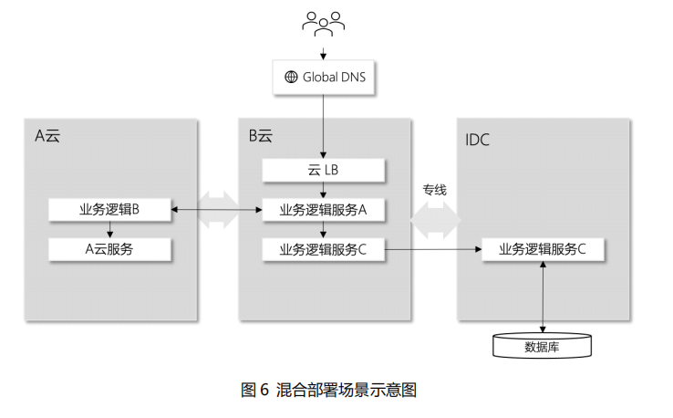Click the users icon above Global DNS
tap(324, 24)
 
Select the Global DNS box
tap(324, 78)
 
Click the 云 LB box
tap(324, 171)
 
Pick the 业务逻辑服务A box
tap(324, 210)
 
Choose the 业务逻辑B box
tap(109, 210)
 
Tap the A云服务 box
tap(109, 248)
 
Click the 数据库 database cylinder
tap(544, 347)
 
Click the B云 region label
tap(261, 137)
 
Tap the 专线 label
tap(434, 190)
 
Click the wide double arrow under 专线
tap(434, 219)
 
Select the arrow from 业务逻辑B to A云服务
tap(109, 229)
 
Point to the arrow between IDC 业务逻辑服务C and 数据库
tap(544, 296)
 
